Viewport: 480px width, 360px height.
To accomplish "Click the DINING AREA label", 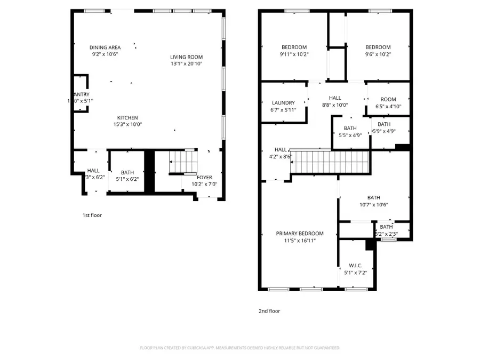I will tap(105, 47).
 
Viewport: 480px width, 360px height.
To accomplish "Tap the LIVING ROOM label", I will tap(186, 57).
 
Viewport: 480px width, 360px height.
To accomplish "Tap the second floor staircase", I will tap(331, 162).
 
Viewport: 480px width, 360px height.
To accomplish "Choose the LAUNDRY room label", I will tap(283, 103).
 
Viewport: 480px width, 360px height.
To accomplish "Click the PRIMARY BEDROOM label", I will tap(299, 234).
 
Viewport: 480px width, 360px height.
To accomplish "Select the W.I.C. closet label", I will tap(356, 265).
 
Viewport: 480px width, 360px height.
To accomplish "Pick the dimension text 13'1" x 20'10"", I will tap(186, 64).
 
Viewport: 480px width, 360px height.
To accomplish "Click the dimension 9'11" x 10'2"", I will tap(294, 54).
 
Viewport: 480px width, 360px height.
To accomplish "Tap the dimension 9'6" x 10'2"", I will tap(378, 54).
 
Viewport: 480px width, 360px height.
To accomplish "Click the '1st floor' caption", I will tap(92, 215).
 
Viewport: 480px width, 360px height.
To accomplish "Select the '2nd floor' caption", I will tap(269, 311).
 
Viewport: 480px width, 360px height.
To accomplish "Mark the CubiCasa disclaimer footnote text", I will tap(239, 348).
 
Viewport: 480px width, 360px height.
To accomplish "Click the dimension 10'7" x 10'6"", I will tap(373, 204).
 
